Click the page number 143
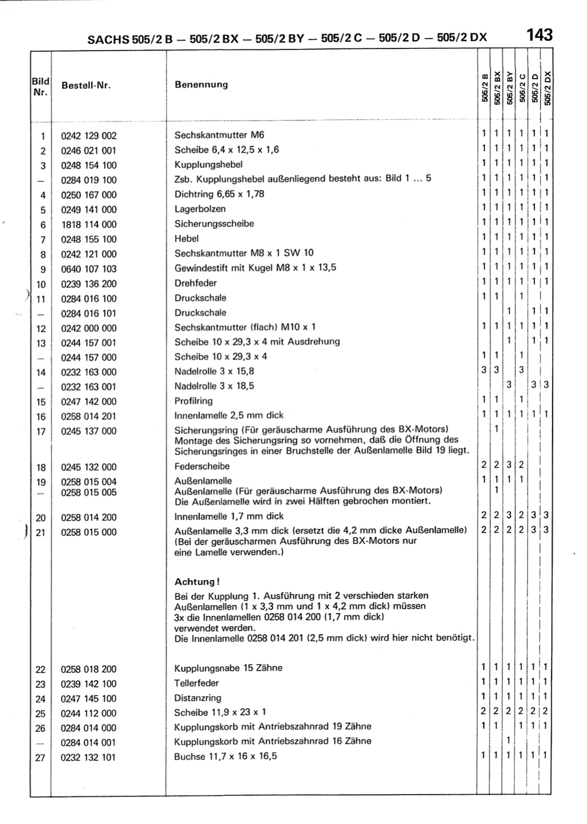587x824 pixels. point(540,35)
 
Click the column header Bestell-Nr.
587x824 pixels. point(86,86)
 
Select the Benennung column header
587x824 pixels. point(201,84)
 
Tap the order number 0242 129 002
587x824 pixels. point(89,136)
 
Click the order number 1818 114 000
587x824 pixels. point(89,225)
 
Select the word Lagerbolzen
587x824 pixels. point(200,209)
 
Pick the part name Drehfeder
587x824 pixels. point(195,283)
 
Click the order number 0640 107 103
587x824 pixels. point(89,269)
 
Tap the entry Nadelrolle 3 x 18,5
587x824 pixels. point(214,386)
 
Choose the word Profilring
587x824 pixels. point(193,401)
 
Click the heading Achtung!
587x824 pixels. point(197,582)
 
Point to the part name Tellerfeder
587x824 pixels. point(196,683)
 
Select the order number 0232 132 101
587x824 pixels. point(89,758)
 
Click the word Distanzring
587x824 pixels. point(198,698)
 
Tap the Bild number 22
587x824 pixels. point(40,670)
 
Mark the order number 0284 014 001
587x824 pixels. point(89,743)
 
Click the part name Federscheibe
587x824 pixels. point(202,466)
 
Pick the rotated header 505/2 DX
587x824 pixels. point(546,88)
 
